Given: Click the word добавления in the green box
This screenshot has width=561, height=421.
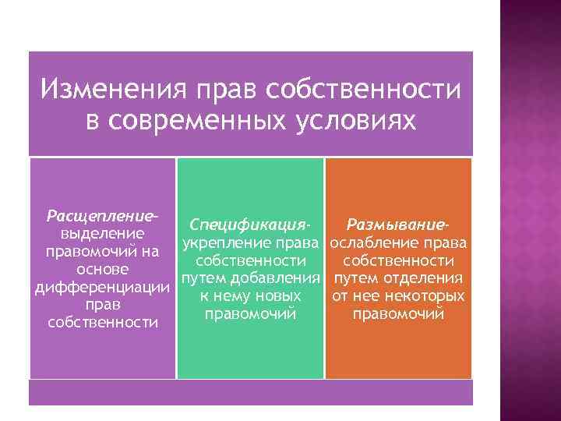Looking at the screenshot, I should click(x=279, y=278).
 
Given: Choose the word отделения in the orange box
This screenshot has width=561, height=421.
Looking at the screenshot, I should click(x=426, y=278).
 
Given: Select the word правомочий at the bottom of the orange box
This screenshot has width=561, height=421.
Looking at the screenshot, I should click(x=398, y=314).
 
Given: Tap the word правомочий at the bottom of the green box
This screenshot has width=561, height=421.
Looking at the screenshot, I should click(x=250, y=314).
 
